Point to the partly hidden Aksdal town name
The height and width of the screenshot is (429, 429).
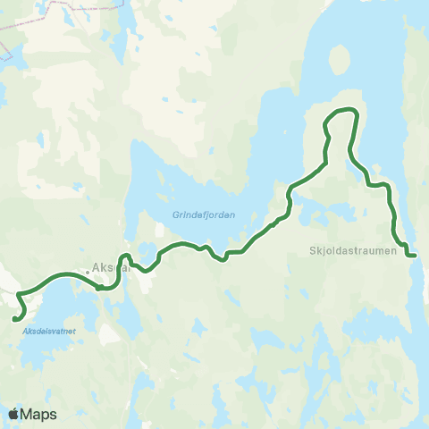coord(109,266)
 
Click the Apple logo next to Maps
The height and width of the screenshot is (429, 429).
coord(14,414)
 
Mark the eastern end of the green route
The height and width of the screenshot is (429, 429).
coord(414,255)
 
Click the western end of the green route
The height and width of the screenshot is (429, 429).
coord(15,317)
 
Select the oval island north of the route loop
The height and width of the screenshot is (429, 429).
coord(340,61)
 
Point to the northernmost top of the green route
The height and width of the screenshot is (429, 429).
coord(344,109)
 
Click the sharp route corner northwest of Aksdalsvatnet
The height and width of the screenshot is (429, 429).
coord(19,292)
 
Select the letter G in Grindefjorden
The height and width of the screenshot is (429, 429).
coord(175,214)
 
